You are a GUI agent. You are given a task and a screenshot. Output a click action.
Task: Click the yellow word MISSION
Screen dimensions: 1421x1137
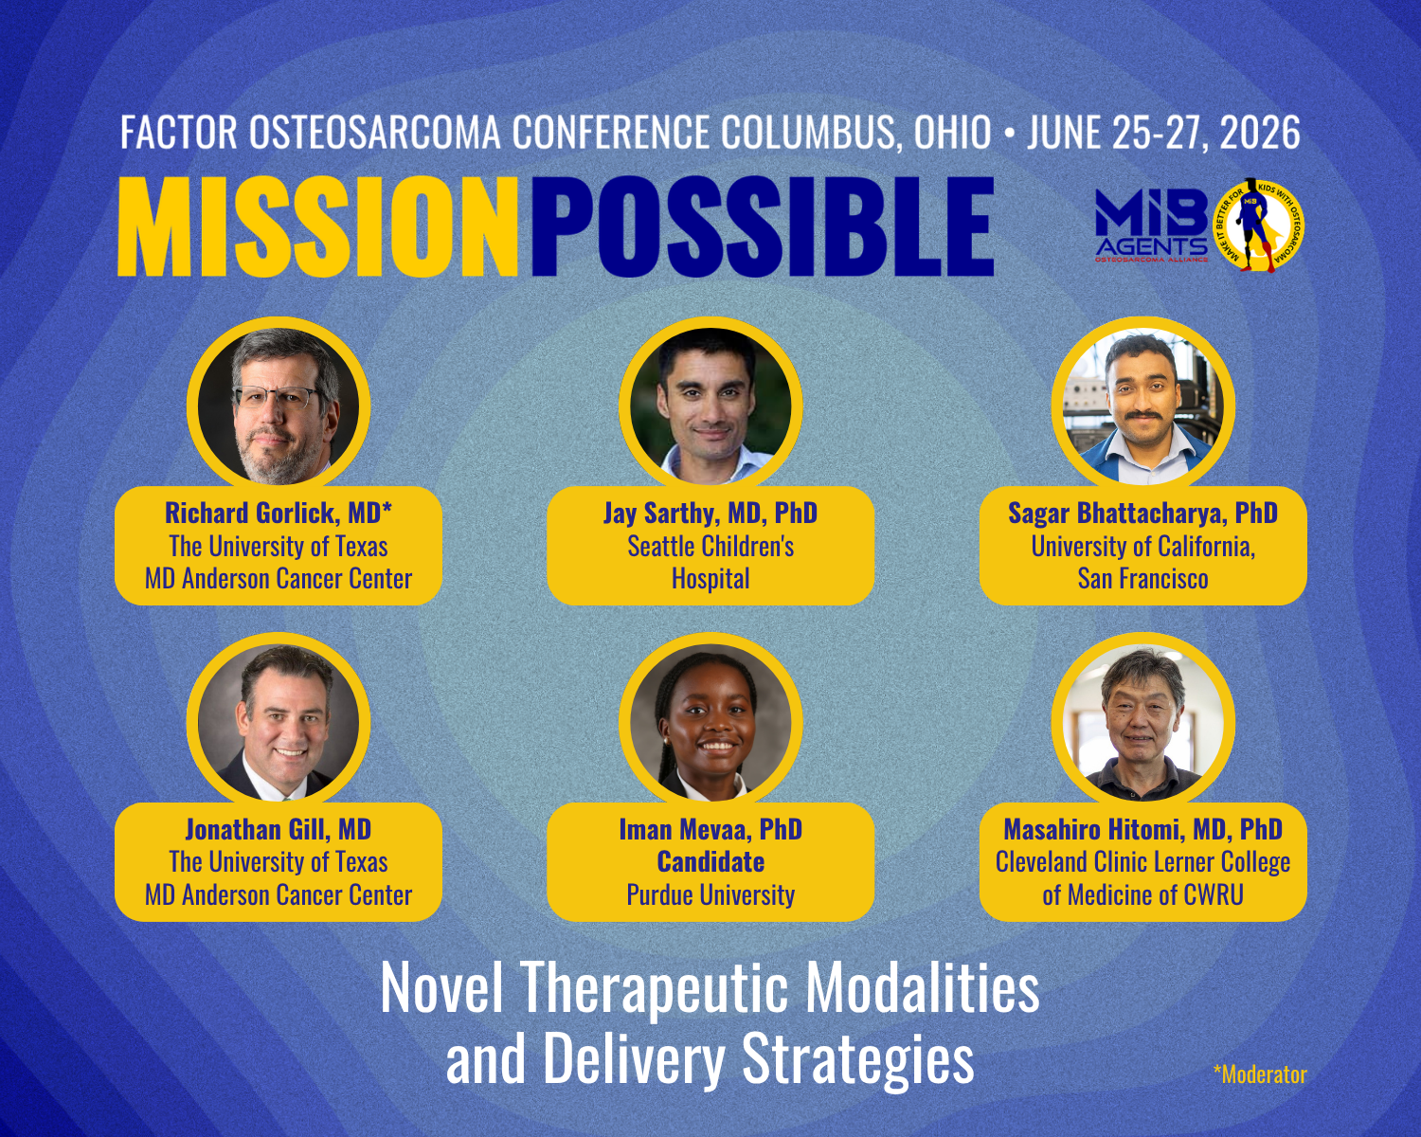[x=317, y=226]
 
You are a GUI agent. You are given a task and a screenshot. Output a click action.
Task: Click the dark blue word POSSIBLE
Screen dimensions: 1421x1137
[x=763, y=226]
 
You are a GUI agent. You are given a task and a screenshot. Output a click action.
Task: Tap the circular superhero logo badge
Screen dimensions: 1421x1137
[x=1260, y=226]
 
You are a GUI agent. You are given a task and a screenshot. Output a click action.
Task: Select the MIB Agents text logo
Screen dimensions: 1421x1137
[x=1152, y=226]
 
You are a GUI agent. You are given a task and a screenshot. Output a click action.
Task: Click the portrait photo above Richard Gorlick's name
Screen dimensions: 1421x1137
[x=278, y=406]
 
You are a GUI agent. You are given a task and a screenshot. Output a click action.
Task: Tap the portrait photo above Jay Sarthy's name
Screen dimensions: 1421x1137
[x=710, y=406]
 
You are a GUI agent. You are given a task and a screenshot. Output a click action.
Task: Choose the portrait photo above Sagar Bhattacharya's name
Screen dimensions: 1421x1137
[x=1143, y=406]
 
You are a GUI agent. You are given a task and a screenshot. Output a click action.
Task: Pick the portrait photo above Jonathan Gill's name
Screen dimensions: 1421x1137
[x=278, y=723]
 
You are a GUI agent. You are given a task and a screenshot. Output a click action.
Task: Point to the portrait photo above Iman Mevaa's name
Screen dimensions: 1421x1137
[x=710, y=723]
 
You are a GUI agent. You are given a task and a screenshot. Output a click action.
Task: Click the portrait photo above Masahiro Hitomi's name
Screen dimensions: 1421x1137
[x=1143, y=723]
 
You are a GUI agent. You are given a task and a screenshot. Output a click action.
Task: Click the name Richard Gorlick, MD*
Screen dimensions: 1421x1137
[x=278, y=514]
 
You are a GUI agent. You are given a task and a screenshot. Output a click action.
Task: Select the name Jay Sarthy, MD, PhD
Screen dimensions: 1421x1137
[x=710, y=514]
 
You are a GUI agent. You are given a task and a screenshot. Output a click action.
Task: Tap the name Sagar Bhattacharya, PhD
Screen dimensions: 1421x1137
[x=1143, y=514]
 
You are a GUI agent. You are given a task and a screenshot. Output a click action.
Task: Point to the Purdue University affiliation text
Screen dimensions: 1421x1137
[x=710, y=895]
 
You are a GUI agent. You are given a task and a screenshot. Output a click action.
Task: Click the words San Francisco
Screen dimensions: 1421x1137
[x=1143, y=579]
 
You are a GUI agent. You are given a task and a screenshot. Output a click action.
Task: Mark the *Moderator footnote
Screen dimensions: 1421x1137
[x=1260, y=1074]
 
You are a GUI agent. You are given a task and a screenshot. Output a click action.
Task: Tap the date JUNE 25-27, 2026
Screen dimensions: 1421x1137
[x=1163, y=132]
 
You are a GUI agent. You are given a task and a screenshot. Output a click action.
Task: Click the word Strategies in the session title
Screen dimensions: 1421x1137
[x=857, y=1059]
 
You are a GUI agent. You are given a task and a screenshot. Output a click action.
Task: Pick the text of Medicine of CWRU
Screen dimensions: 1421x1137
[x=1143, y=895]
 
